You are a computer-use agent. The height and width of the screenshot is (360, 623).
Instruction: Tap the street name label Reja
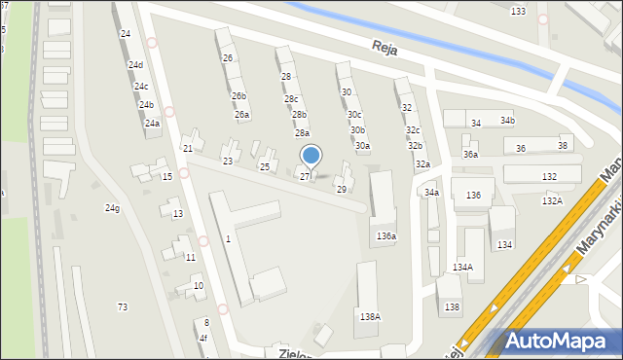(386, 47)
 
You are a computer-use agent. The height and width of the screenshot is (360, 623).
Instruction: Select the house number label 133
(518, 11)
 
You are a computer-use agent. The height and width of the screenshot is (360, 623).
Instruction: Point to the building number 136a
(386, 235)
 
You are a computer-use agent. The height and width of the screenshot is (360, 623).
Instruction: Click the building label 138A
(370, 316)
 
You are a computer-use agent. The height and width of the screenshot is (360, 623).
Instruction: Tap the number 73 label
(123, 306)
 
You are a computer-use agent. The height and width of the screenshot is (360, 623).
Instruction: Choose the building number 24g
(113, 208)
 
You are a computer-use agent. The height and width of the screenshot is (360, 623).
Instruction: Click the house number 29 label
(341, 189)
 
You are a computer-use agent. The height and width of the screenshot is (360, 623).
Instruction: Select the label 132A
(553, 200)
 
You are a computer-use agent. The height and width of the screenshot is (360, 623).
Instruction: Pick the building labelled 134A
(462, 267)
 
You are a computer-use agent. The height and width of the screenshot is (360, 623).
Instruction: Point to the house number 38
(563, 145)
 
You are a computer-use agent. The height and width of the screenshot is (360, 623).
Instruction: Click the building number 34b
(507, 120)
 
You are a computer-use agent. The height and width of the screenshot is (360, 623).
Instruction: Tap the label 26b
(238, 95)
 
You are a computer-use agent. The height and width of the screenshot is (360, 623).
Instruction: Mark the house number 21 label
(188, 148)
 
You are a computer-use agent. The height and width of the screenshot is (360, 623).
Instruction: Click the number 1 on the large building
(228, 238)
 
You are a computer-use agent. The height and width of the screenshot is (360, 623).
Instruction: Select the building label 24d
(135, 65)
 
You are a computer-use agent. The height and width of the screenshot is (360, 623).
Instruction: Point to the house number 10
(199, 285)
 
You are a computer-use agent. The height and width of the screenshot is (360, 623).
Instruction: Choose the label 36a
(471, 154)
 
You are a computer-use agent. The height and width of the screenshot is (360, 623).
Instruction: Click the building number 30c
(354, 114)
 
